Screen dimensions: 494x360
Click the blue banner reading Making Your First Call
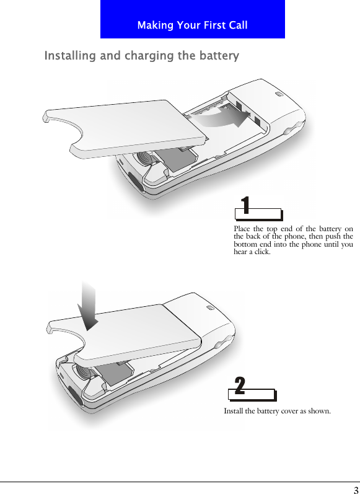(x=192, y=20)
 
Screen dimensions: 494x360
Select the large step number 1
(x=246, y=206)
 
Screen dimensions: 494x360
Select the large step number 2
(x=240, y=386)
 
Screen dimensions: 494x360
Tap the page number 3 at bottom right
(x=355, y=488)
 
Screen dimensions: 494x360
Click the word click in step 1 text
(x=261, y=252)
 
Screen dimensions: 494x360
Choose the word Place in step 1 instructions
(x=243, y=229)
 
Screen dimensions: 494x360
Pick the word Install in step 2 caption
(x=234, y=411)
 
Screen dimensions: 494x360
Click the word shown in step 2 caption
(x=318, y=411)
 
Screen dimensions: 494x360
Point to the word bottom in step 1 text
(x=246, y=245)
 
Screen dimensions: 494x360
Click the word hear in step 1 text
(x=240, y=252)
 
